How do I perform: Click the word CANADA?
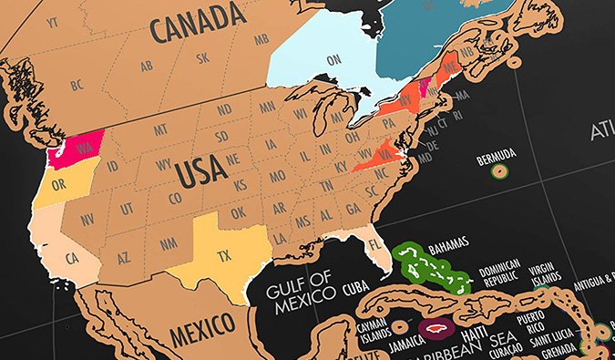point(200,27)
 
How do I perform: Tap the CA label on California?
point(71,258)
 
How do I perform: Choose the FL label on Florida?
point(372,246)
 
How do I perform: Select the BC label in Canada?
point(77,86)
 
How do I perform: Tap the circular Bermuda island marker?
point(497,170)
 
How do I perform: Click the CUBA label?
point(355,288)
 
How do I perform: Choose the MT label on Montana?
point(160,130)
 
